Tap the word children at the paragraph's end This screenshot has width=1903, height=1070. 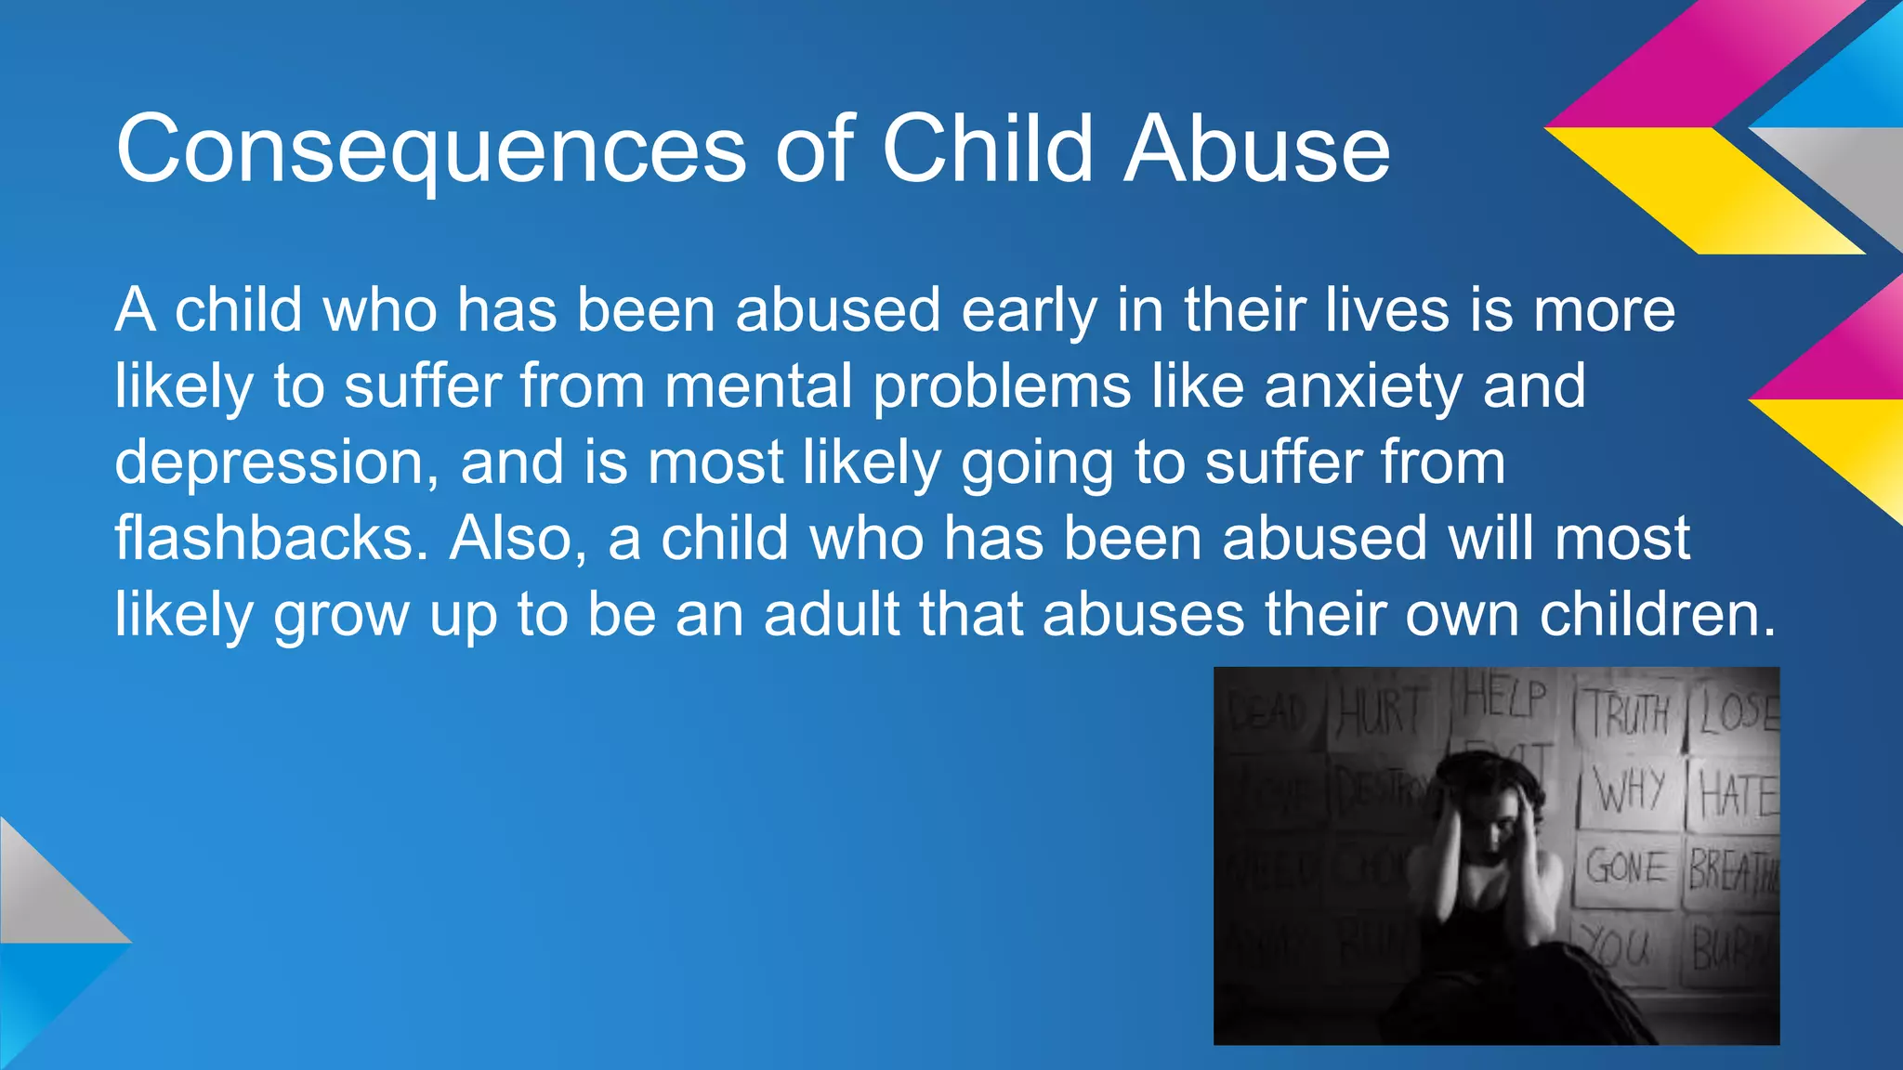click(1657, 615)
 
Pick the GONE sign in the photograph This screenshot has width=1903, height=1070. click(1626, 868)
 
